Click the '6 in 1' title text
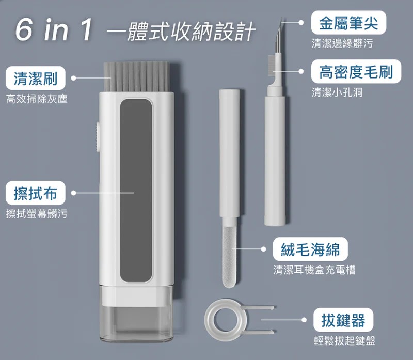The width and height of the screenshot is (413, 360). [x=54, y=29]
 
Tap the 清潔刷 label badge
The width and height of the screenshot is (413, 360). [x=36, y=78]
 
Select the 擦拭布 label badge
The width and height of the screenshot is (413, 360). [x=36, y=193]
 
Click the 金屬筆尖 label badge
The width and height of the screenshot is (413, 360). [x=348, y=22]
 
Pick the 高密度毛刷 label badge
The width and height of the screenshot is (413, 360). [x=356, y=71]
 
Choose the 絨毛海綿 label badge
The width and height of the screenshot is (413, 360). [x=310, y=249]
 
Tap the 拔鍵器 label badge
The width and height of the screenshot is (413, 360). [x=343, y=320]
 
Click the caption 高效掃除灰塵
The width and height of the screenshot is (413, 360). [x=37, y=99]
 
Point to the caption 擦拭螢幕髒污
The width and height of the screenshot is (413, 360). [x=37, y=214]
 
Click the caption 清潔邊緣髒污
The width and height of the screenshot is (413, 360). [x=342, y=43]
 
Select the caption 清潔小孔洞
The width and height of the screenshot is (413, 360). [x=337, y=92]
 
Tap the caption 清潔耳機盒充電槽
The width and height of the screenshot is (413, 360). [x=314, y=270]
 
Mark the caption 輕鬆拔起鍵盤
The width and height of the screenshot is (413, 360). [x=344, y=341]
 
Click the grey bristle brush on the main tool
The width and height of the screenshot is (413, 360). [x=136, y=76]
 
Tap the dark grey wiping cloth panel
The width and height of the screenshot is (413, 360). [x=136, y=191]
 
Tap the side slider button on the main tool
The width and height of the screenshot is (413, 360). [x=99, y=137]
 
